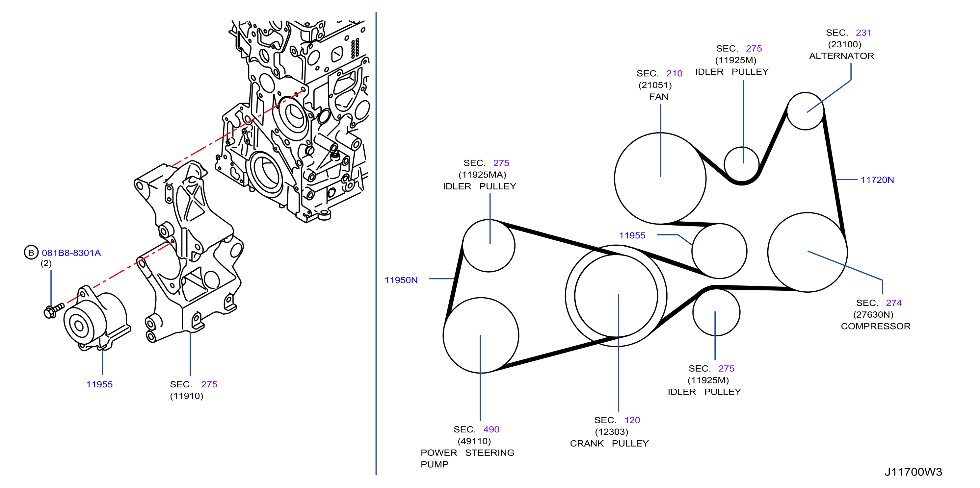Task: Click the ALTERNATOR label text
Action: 841,56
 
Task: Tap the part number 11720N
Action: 877,180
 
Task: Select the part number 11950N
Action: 401,280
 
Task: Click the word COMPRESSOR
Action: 875,326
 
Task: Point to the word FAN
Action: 658,97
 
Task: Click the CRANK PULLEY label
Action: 609,443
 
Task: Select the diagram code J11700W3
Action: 913,472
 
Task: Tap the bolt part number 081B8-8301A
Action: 71,253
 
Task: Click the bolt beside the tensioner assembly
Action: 54,310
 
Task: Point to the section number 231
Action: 863,33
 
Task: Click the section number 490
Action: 491,429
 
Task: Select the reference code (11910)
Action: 186,396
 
